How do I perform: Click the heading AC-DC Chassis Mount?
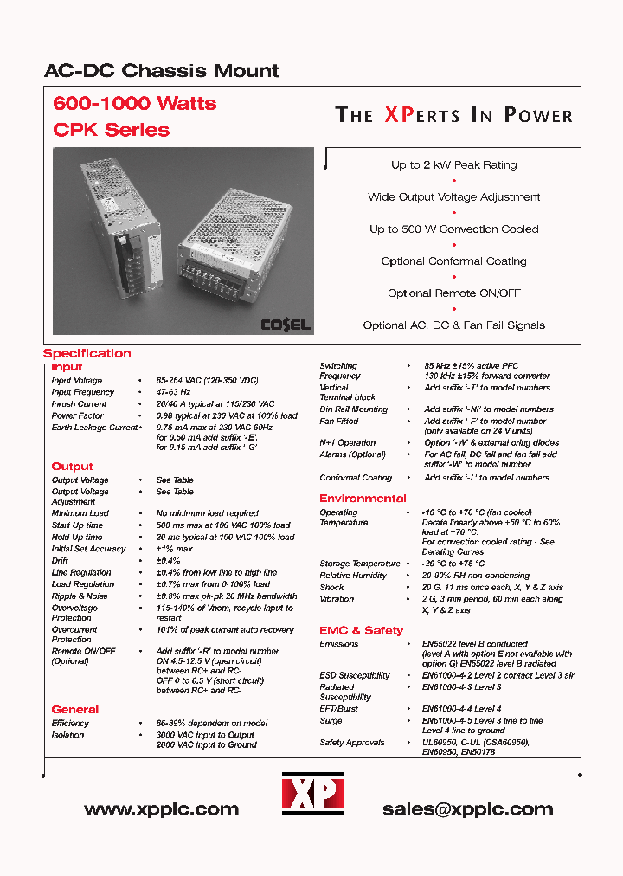coord(161,71)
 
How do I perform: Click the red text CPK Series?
coord(111,130)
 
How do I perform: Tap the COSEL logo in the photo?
coord(286,325)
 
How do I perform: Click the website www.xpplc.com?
coord(161,809)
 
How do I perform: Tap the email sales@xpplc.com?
coord(467,809)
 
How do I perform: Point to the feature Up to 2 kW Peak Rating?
coord(453,164)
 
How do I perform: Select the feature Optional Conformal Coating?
coord(453,261)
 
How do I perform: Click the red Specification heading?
coord(87,353)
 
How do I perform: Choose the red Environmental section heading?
coord(363,499)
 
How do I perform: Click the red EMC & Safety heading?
coord(361,630)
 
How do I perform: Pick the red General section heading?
coord(74,709)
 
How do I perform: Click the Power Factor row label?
coord(78,415)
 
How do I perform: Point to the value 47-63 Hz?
coord(174,392)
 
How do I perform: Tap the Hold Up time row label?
coord(77,537)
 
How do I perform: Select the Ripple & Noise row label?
coord(80,596)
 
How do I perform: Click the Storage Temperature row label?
coord(358,564)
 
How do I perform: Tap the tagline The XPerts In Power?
coord(453,116)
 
